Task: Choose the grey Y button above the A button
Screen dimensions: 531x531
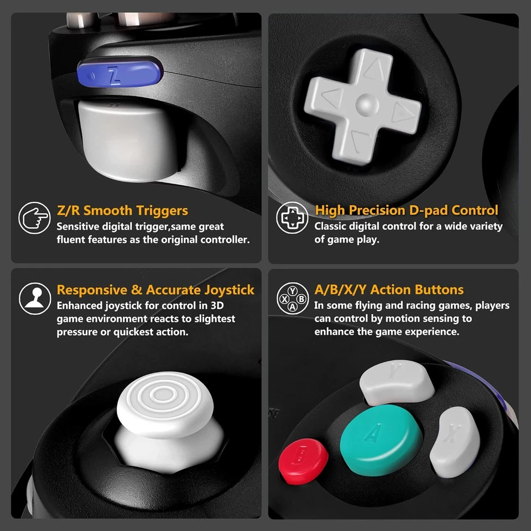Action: pyautogui.click(x=397, y=382)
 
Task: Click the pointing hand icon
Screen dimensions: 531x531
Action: pyautogui.click(x=34, y=218)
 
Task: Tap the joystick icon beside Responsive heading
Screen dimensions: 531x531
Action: pyautogui.click(x=34, y=298)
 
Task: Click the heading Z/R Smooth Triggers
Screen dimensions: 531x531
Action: pyautogui.click(x=122, y=211)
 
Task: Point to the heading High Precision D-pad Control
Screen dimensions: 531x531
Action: pyautogui.click(x=407, y=211)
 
